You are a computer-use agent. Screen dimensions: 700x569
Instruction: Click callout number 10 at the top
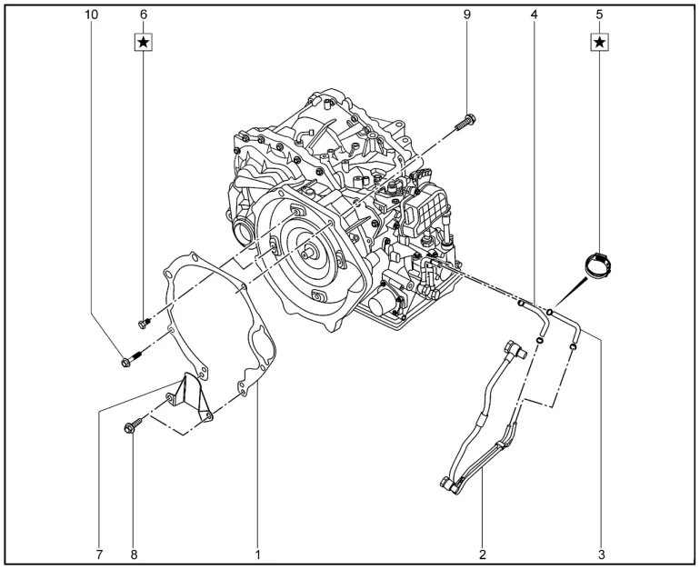click(x=91, y=15)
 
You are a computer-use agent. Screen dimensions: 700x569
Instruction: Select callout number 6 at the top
click(x=144, y=15)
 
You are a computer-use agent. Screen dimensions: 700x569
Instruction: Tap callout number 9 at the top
click(x=467, y=15)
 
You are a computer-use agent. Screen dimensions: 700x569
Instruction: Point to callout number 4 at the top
click(x=535, y=15)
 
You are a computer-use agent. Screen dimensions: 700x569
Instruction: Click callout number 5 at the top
click(x=600, y=15)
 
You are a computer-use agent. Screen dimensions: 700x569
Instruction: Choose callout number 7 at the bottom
click(x=99, y=554)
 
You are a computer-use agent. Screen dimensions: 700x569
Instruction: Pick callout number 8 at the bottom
click(x=134, y=554)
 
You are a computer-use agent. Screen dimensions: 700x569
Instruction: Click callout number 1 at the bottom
click(x=257, y=554)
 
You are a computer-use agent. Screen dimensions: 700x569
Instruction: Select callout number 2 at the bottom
click(x=482, y=554)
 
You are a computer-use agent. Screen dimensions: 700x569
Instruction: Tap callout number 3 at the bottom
click(x=601, y=554)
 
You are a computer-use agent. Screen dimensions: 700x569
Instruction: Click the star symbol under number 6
click(x=144, y=43)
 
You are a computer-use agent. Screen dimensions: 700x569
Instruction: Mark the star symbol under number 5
click(x=600, y=43)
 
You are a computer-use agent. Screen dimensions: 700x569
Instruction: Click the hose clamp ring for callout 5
click(x=598, y=266)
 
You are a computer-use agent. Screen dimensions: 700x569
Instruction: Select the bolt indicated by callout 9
click(x=465, y=123)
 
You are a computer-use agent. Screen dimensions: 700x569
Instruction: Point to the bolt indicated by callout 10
click(x=131, y=359)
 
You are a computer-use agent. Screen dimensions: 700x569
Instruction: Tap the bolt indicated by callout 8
click(x=133, y=424)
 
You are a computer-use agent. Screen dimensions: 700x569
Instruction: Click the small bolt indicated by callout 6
click(x=144, y=324)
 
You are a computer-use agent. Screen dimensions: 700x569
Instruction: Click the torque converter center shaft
click(x=309, y=253)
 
